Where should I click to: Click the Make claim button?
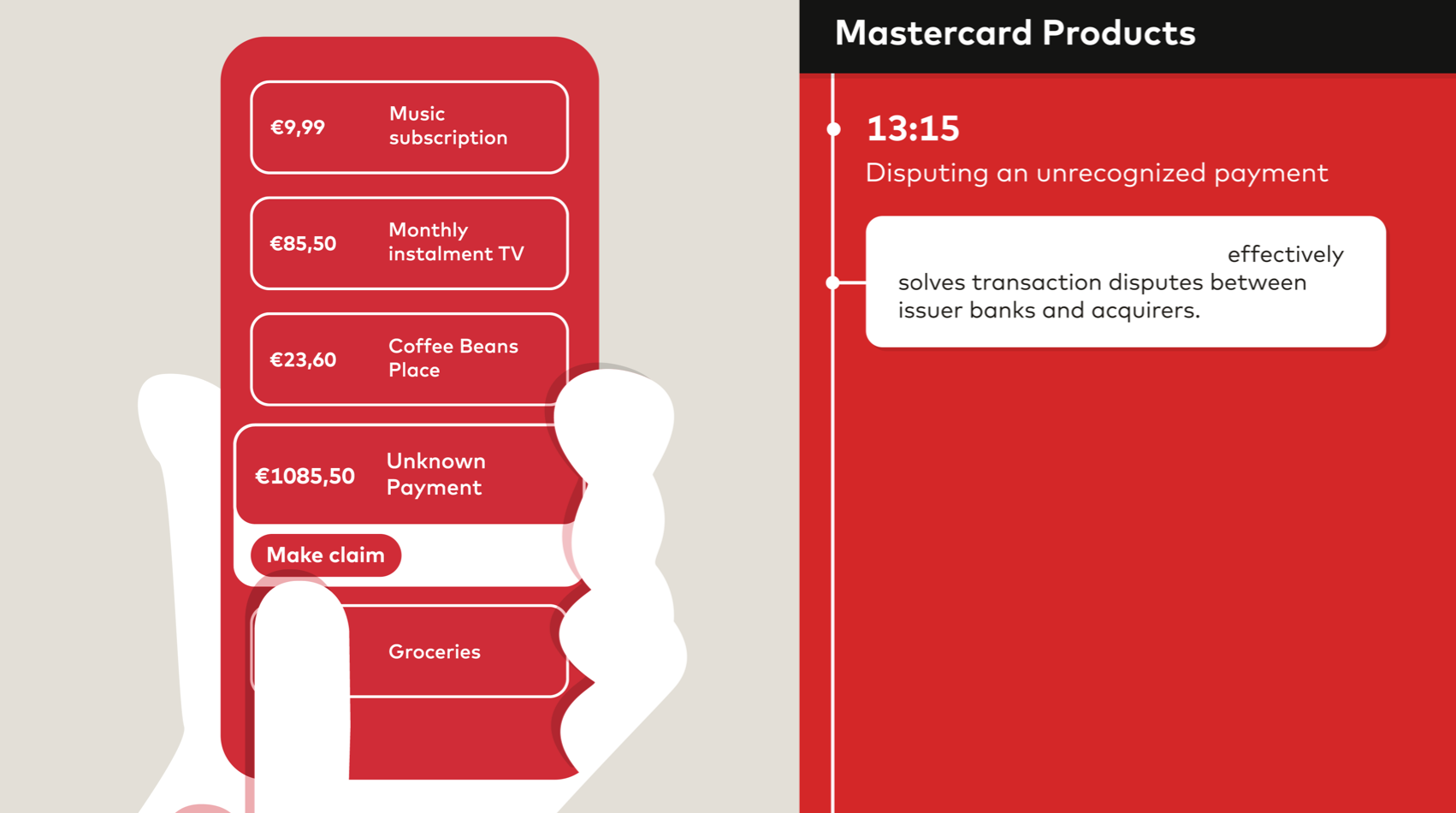(x=326, y=555)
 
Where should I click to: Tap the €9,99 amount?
(x=298, y=128)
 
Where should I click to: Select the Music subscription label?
(x=448, y=126)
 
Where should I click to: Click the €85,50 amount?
(x=303, y=244)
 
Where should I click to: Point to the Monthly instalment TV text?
(x=456, y=241)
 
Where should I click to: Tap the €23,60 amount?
(x=303, y=359)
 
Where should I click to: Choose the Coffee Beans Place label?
(x=453, y=358)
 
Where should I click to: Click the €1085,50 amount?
(x=305, y=476)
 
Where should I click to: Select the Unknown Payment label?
(x=435, y=474)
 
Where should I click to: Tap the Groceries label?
(x=435, y=652)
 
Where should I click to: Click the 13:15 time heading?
(x=913, y=128)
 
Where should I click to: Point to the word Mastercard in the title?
(x=933, y=33)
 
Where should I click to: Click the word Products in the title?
(x=1119, y=33)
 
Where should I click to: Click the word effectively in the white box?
(x=1285, y=254)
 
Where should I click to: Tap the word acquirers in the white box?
(x=1145, y=311)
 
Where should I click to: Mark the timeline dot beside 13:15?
(x=833, y=129)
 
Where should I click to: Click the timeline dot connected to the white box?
(x=832, y=283)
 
